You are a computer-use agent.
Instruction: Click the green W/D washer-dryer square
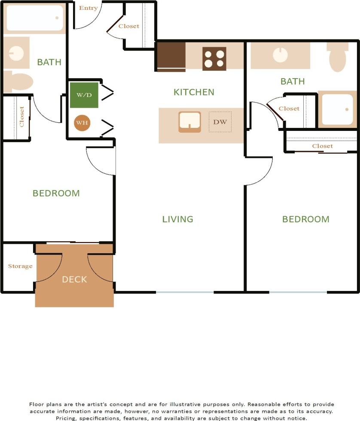pyautogui.click(x=84, y=95)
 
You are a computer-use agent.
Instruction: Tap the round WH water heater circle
pyautogui.click(x=82, y=123)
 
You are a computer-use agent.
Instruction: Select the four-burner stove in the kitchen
pyautogui.click(x=214, y=59)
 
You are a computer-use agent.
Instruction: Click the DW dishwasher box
pyautogui.click(x=220, y=122)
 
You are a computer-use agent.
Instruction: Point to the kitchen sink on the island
pyautogui.click(x=189, y=121)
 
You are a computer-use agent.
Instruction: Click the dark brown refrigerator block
pyautogui.click(x=171, y=56)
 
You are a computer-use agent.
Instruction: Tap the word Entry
pyautogui.click(x=88, y=8)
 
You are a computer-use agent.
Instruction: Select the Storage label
pyautogui.click(x=20, y=266)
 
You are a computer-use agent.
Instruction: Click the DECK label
pyautogui.click(x=74, y=279)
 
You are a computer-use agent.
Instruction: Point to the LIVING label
pyautogui.click(x=177, y=219)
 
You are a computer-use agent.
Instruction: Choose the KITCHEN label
pyautogui.click(x=194, y=92)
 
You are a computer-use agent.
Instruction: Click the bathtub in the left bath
pyautogui.click(x=35, y=18)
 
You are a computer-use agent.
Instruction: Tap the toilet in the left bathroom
pyautogui.click(x=18, y=82)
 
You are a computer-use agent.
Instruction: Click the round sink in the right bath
pyautogui.click(x=280, y=55)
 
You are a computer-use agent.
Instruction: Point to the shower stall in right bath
pyautogui.click(x=337, y=109)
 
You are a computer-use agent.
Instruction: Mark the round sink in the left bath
pyautogui.click(x=16, y=52)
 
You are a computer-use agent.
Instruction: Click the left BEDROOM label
pyautogui.click(x=56, y=193)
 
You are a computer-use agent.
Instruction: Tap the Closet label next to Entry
pyautogui.click(x=129, y=26)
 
